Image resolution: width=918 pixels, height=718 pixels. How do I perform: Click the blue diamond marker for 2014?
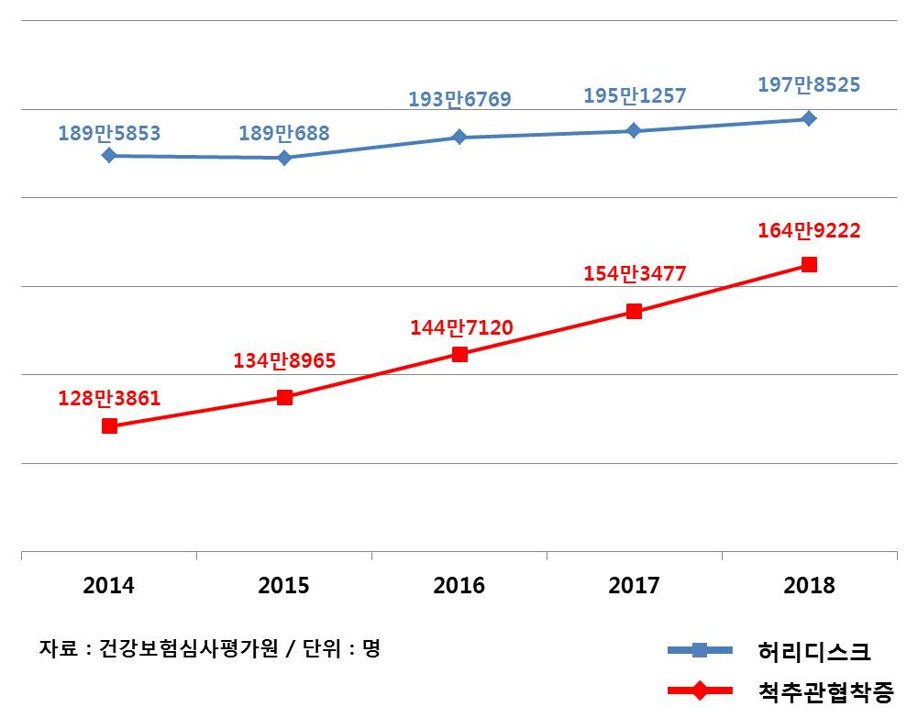109,155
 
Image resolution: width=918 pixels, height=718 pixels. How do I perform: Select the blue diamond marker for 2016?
459,137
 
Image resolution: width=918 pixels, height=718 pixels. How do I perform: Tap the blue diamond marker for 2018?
809,118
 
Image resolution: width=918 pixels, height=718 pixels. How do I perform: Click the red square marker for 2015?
284,397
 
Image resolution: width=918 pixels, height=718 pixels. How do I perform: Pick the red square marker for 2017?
634,311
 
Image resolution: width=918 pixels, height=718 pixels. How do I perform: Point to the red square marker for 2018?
809,264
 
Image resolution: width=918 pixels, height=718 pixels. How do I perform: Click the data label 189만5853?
109,134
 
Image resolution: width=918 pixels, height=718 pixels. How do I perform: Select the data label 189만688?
284,134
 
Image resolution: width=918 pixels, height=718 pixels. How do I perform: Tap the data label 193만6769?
459,99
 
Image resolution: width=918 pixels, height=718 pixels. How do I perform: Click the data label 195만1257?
635,95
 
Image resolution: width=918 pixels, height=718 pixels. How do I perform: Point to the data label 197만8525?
809,85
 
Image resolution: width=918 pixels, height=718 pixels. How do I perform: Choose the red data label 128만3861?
109,398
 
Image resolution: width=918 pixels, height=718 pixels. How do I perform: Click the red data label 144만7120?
459,326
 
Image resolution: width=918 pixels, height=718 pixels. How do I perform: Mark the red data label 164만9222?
809,231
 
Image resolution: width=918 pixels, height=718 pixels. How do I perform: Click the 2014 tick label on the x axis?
108,586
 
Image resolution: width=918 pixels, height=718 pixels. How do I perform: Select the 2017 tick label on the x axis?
634,586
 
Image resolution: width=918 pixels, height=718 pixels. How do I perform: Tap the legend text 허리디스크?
813,651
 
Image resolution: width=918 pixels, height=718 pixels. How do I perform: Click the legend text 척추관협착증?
825,690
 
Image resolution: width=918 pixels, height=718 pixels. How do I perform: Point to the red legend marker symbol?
700,690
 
